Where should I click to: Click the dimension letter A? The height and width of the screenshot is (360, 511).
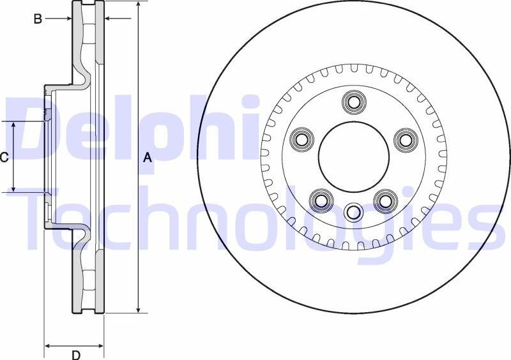(148, 157)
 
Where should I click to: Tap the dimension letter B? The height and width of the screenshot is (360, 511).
(38, 19)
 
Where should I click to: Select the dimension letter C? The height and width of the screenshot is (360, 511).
(4, 156)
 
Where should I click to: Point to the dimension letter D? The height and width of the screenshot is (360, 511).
(75, 355)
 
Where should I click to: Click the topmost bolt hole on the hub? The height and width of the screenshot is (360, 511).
(353, 101)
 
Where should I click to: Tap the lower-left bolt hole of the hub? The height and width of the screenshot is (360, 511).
(321, 200)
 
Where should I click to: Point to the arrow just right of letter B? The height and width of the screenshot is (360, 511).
(66, 19)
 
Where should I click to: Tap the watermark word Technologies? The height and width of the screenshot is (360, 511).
(256, 217)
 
